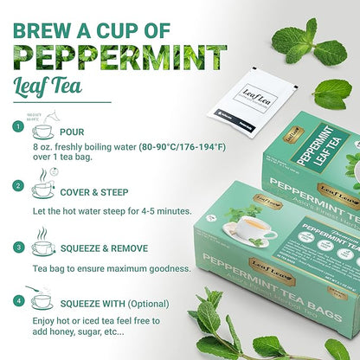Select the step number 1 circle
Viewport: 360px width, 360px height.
pyautogui.click(x=16, y=127)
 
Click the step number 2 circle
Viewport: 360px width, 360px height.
pyautogui.click(x=16, y=185)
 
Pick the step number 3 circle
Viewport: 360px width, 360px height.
pyautogui.click(x=16, y=246)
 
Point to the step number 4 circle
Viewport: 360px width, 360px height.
pyautogui.click(x=16, y=301)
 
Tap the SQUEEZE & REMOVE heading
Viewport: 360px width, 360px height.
pyautogui.click(x=115, y=247)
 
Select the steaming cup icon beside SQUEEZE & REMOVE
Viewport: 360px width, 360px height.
pyautogui.click(x=42, y=245)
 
